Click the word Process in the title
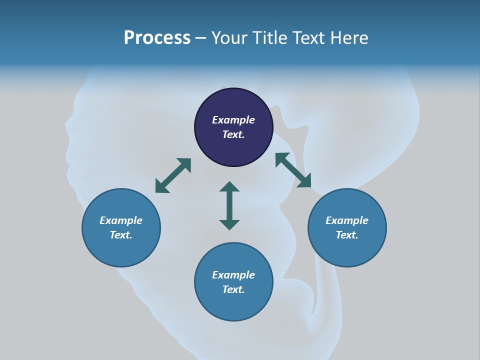(157, 38)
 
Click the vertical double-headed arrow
(229, 205)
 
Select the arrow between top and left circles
(173, 175)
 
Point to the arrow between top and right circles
(293, 170)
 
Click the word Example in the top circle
(233, 120)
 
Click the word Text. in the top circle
(233, 134)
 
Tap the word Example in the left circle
(121, 220)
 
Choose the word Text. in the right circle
(347, 235)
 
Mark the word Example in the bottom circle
(233, 275)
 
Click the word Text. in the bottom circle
(233, 289)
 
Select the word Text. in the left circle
(121, 235)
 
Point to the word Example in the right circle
(347, 220)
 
